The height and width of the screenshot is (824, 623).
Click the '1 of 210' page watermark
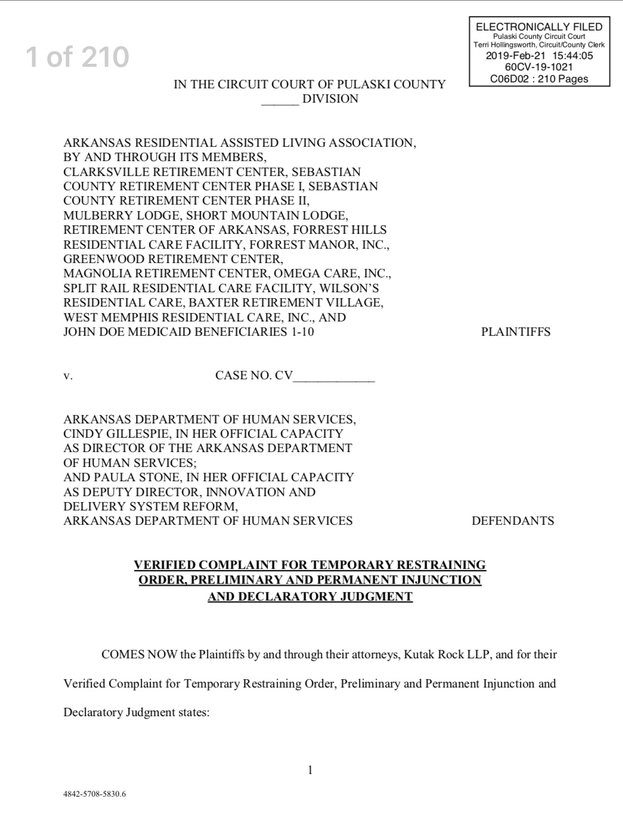pos(78,57)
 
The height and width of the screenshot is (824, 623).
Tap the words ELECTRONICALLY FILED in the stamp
pos(539,27)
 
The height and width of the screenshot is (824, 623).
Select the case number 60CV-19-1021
pos(539,67)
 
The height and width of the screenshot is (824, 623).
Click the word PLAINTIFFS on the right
pos(516,332)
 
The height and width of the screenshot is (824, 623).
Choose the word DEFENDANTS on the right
pos(513,521)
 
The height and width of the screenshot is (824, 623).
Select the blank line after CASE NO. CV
pos(334,376)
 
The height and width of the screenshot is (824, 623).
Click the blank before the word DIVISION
pos(280,100)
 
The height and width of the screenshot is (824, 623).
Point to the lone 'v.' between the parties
pos(68,376)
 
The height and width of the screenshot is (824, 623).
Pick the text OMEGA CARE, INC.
pos(332,274)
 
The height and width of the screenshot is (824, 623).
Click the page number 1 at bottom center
pos(310,770)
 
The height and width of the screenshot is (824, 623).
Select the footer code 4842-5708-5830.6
pos(95,794)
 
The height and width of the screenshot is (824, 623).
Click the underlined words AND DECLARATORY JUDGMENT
pos(310,597)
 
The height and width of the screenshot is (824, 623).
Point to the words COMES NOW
pos(139,655)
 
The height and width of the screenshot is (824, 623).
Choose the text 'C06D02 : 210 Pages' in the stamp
pos(539,79)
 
